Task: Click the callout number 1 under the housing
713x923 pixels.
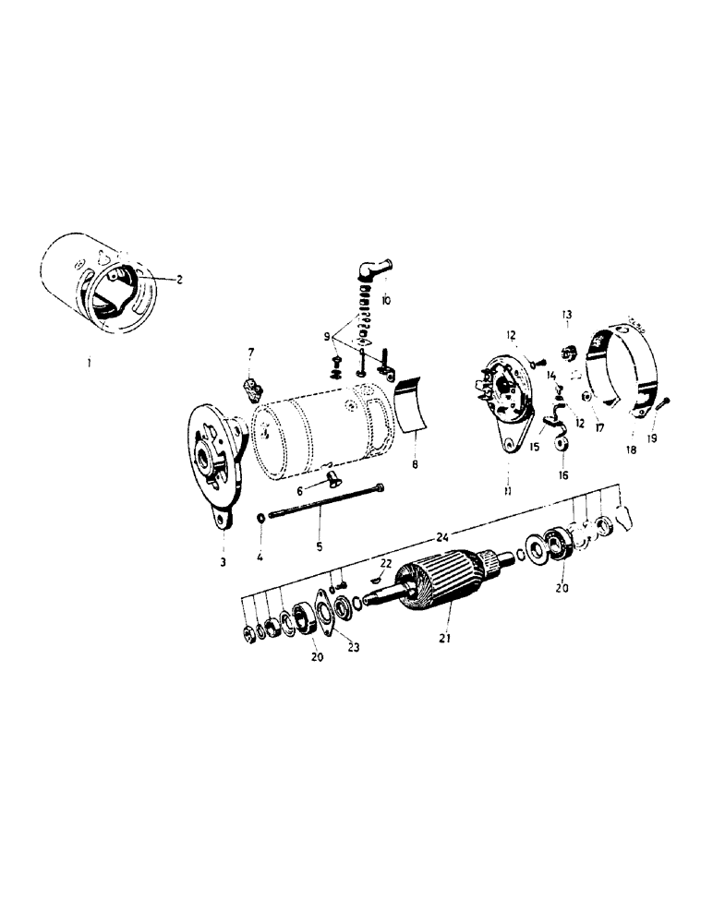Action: click(89, 364)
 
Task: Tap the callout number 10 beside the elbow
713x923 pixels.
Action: click(385, 301)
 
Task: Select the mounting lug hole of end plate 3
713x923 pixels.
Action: click(223, 521)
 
